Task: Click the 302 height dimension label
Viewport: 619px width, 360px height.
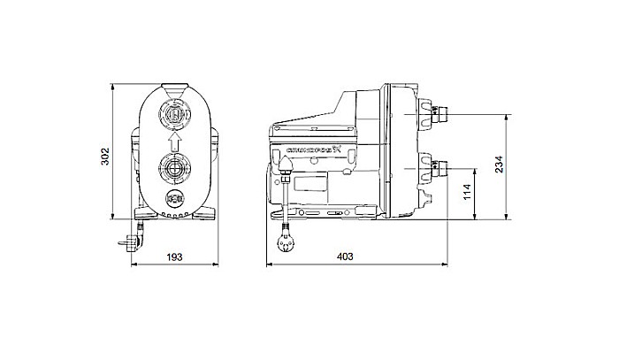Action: [104, 156]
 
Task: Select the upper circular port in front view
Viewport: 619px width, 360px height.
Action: [174, 115]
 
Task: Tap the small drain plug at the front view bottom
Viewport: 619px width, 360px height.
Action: [174, 199]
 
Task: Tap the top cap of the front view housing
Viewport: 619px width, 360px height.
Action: [174, 88]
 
